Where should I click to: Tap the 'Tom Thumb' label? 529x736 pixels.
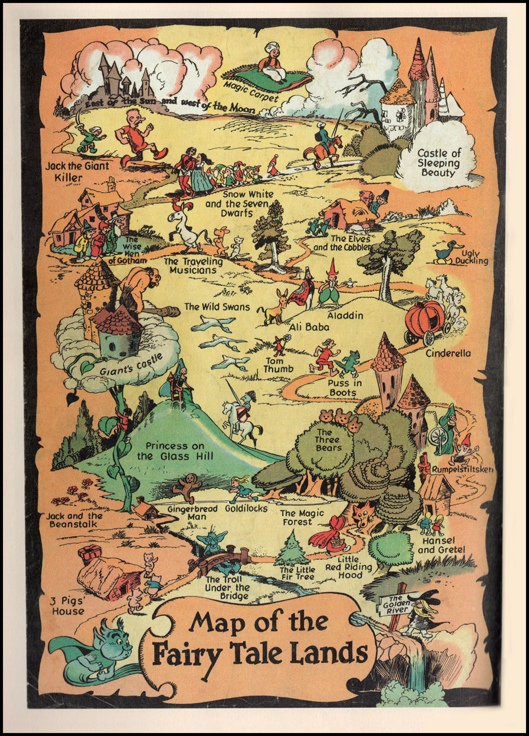[x=274, y=365]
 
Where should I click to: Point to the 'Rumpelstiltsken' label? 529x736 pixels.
[x=461, y=469]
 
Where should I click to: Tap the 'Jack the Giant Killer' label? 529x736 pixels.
[x=77, y=171]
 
